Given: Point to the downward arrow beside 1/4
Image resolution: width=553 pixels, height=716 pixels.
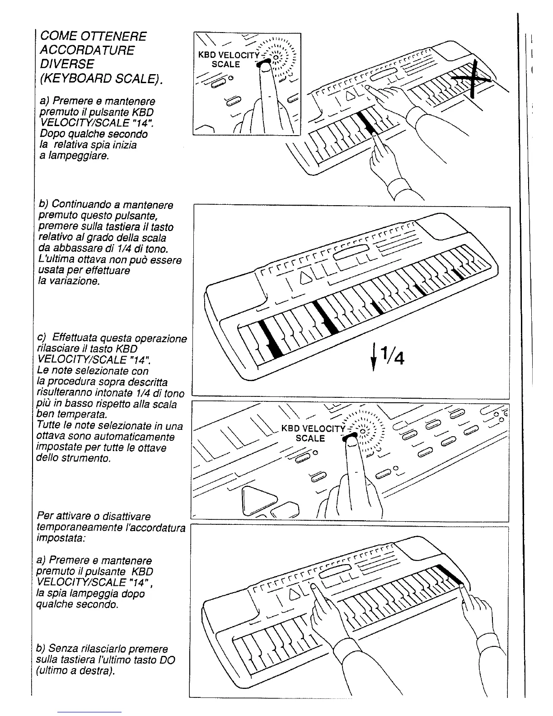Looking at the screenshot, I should (374, 357).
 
